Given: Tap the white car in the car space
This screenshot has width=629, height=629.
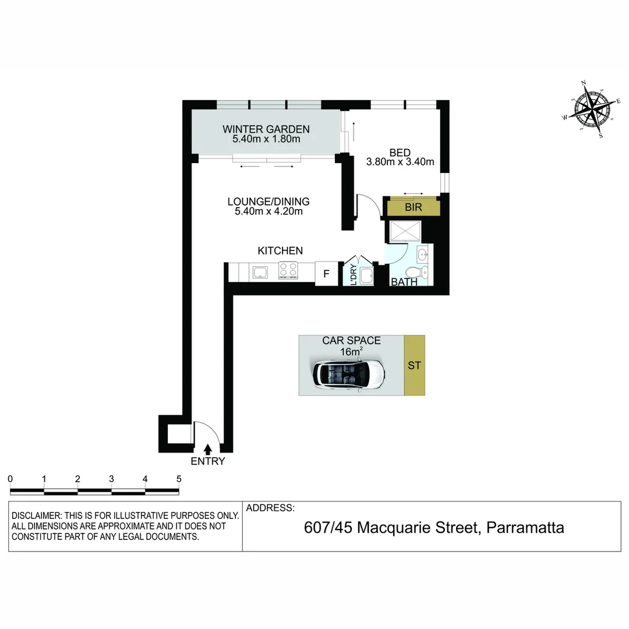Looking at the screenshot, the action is [348, 373].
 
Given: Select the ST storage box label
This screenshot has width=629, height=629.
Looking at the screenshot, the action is [414, 366].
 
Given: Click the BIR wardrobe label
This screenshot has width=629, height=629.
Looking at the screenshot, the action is [414, 207].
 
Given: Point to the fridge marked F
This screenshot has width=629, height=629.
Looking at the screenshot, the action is [326, 273].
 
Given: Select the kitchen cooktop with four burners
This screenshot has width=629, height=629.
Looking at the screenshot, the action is [288, 271].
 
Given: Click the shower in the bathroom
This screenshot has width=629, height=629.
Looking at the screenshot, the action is [403, 231].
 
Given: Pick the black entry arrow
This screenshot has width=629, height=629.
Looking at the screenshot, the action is [208, 448].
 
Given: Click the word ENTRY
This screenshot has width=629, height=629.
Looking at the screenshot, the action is [207, 461].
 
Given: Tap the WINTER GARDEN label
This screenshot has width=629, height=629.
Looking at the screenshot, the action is [266, 129].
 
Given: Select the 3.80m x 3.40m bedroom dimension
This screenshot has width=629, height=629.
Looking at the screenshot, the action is [400, 162].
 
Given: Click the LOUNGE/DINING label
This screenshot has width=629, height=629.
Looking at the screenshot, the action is [268, 202].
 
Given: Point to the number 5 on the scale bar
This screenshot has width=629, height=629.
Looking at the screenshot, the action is [179, 479].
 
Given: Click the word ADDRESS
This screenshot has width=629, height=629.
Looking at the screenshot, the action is [270, 508].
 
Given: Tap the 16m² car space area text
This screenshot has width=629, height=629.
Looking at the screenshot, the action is [352, 351].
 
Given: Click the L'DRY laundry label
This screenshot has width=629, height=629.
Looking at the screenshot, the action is [353, 274].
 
